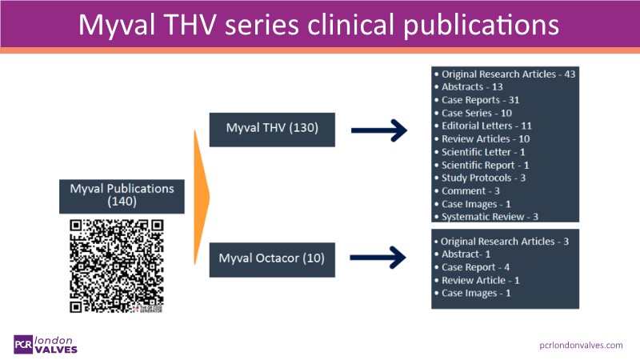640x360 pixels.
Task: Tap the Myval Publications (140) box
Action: tap(122, 195)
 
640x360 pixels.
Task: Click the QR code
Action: tap(117, 266)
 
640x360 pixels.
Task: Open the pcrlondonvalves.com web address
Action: tap(582, 344)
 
